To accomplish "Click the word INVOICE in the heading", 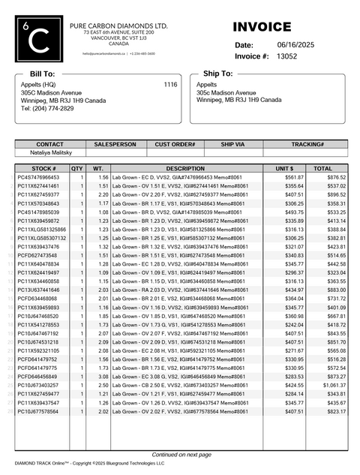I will pos(262,27).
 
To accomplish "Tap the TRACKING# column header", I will pos(307,143).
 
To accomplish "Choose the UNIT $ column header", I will pos(285,169).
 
